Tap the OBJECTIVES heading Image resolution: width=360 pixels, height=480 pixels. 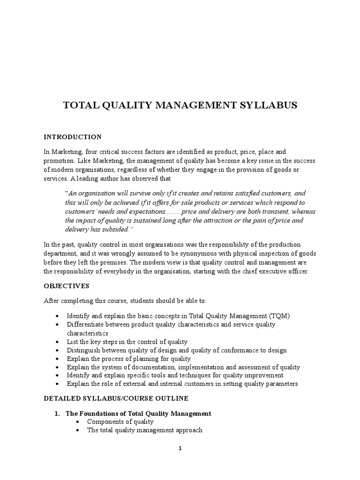pyautogui.click(x=66, y=285)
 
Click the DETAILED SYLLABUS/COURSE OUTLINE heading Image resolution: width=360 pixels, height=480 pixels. pyautogui.click(x=116, y=398)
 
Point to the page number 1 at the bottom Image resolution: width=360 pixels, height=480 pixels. pyautogui.click(x=180, y=448)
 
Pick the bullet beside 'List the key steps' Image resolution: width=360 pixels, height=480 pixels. pyautogui.click(x=57, y=342)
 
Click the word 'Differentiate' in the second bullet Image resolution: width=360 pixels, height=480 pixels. pyautogui.click(x=84, y=324)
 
